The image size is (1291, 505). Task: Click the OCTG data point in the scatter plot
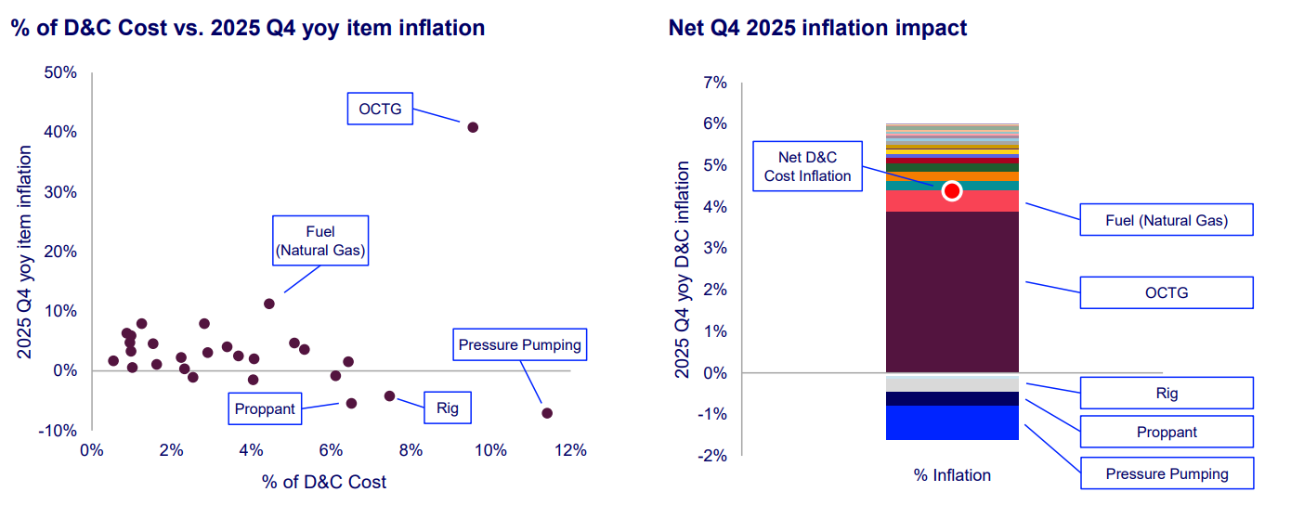[x=473, y=127]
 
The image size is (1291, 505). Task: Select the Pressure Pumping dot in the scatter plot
[x=547, y=413]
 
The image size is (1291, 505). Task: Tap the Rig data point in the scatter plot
[x=389, y=395]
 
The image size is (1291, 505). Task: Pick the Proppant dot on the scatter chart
[x=351, y=403]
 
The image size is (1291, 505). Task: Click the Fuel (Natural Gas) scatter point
[x=269, y=304]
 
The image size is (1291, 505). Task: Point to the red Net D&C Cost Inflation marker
[x=951, y=191]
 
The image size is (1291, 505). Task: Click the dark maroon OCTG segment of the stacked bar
[x=952, y=291]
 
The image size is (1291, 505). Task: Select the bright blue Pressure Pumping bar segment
[x=952, y=422]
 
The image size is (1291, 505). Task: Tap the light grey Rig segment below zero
[x=952, y=382]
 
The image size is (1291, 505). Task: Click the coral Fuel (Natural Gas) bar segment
[x=952, y=201]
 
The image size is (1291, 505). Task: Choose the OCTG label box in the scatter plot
[x=380, y=109]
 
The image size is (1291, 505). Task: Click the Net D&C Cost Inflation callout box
[x=807, y=167]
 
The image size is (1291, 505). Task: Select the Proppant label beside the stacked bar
[x=1167, y=432]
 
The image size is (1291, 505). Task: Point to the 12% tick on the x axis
[x=570, y=450]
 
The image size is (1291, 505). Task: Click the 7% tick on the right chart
[x=715, y=83]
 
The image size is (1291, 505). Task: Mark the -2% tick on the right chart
[x=712, y=456]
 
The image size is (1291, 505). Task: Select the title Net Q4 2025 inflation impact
[x=817, y=28]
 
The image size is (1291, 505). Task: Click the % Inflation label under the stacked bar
[x=952, y=475]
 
